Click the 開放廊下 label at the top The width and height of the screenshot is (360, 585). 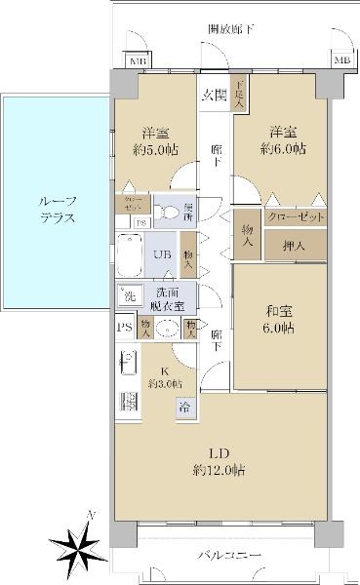tap(231, 30)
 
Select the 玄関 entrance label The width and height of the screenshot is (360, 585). tap(215, 96)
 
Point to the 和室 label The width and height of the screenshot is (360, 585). tap(281, 321)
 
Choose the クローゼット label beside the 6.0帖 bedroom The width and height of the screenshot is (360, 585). tap(294, 216)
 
